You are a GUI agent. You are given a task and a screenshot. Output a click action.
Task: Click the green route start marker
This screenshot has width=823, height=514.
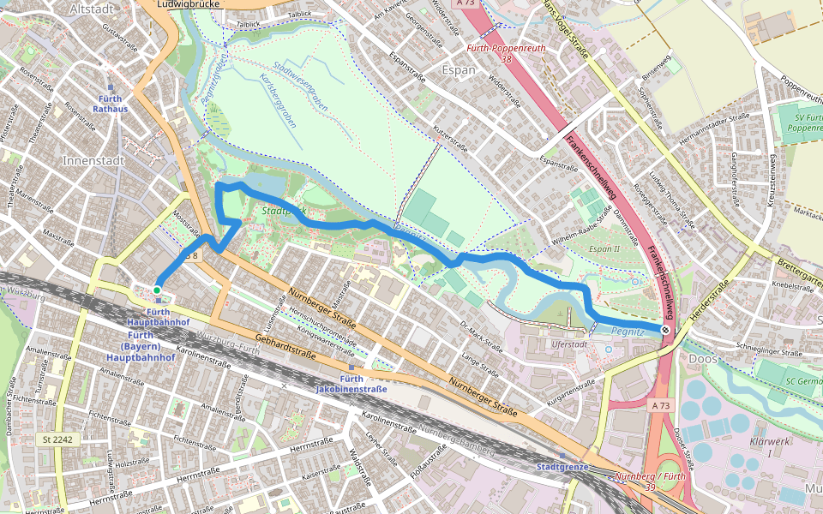click(157, 290)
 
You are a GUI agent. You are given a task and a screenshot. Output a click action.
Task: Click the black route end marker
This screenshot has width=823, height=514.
click(665, 329)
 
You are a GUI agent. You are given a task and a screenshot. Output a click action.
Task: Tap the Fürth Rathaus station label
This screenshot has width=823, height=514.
click(110, 104)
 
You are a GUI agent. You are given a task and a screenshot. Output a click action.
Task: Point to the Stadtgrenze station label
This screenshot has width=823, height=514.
click(562, 467)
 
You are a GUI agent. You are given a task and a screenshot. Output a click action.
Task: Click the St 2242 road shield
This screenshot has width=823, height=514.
click(60, 439)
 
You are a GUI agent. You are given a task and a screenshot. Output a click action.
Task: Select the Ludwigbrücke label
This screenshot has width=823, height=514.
click(189, 4)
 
